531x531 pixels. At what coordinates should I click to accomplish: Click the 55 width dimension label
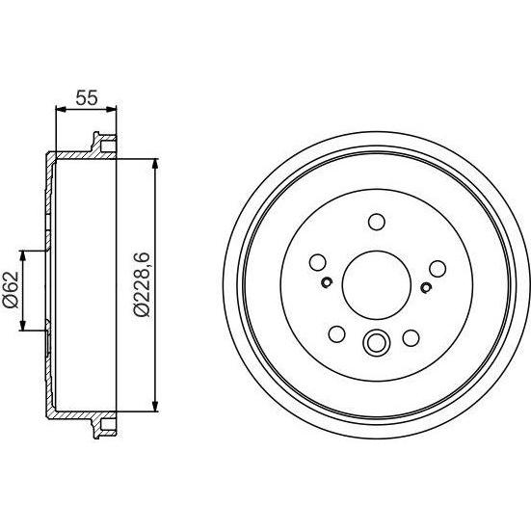pyautogui.click(x=87, y=98)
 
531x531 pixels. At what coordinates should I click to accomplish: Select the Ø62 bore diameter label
pyautogui.click(x=11, y=290)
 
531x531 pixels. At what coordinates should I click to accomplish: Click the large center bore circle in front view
pyautogui.click(x=377, y=285)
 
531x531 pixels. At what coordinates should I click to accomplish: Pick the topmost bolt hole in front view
pyautogui.click(x=377, y=222)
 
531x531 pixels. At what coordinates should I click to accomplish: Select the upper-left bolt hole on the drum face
pyautogui.click(x=318, y=262)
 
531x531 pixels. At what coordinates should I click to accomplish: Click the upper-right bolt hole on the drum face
pyautogui.click(x=438, y=269)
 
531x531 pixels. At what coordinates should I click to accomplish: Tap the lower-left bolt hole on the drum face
pyautogui.click(x=337, y=333)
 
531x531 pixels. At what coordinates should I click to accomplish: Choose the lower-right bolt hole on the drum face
pyautogui.click(x=412, y=338)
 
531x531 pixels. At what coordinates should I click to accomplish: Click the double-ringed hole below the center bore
pyautogui.click(x=376, y=343)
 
